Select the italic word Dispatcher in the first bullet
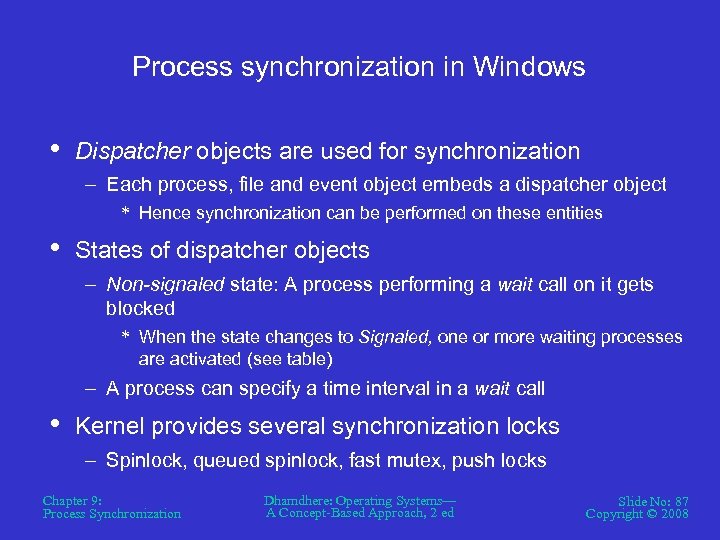(133, 151)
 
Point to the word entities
(571, 212)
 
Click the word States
(107, 250)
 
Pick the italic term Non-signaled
(165, 285)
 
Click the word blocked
(140, 309)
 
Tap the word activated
(204, 358)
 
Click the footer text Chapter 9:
(72, 500)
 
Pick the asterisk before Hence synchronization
(126, 213)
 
